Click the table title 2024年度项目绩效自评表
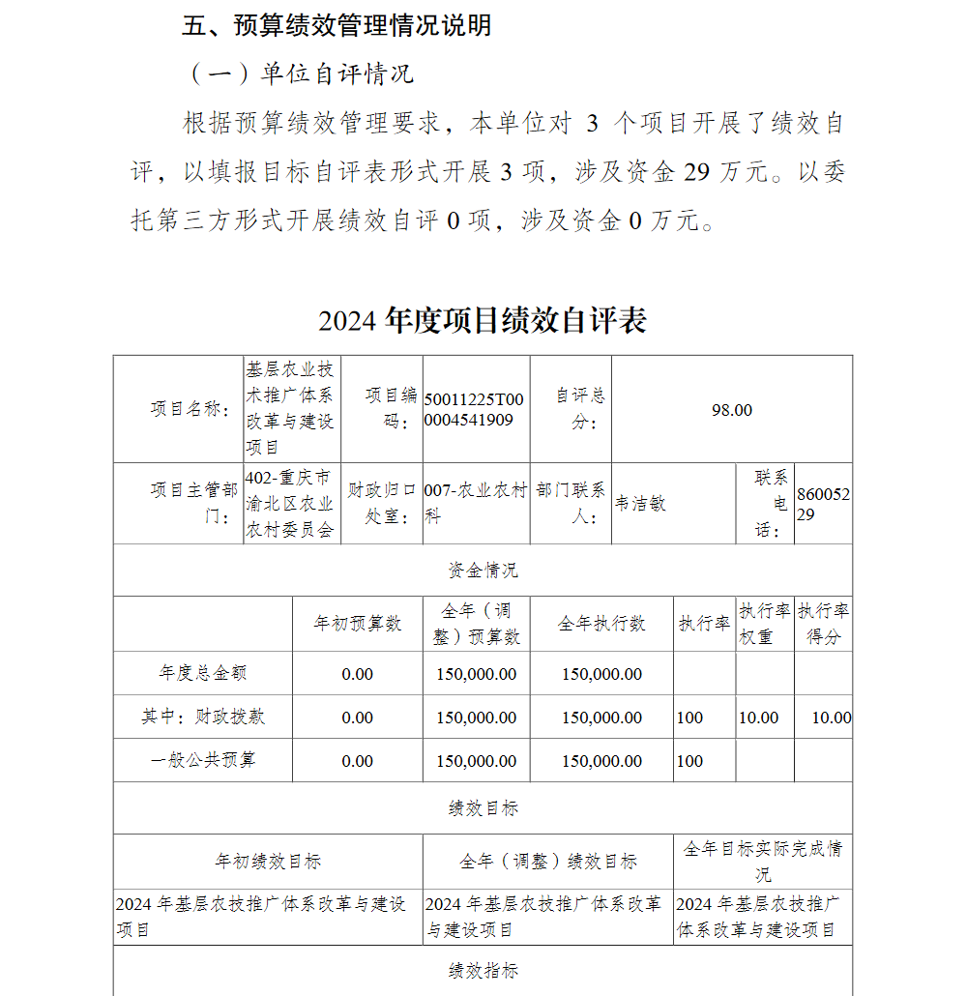tap(483, 320)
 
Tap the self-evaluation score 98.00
tap(731, 410)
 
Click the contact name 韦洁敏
tap(641, 504)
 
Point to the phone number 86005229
tap(823, 504)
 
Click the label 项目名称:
tap(190, 410)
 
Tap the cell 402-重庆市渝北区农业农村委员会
tap(290, 504)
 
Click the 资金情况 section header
tap(483, 571)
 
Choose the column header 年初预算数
tap(357, 624)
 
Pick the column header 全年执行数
tap(601, 624)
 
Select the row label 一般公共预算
tap(203, 760)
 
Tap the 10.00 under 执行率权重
tap(758, 718)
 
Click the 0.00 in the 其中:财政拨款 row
tap(357, 718)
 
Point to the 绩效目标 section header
tap(483, 808)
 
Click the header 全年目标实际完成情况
tap(763, 861)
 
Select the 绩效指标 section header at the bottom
tap(483, 970)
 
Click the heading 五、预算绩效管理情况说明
tap(337, 26)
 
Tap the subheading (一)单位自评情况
tap(299, 74)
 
